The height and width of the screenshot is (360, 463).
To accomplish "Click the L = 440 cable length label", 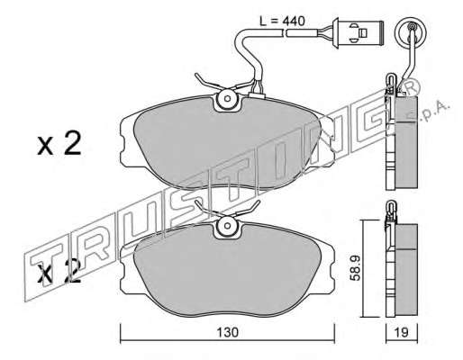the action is pos(282,21).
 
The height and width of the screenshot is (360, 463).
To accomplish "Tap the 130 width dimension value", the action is pos(227,332).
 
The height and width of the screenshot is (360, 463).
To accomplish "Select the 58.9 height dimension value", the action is pos(356,268).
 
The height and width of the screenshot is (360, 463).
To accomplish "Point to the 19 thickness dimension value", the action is pos(402,332).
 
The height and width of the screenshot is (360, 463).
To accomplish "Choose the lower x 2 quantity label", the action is pos(59,272).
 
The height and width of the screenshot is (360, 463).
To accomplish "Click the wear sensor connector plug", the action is pos(358,32).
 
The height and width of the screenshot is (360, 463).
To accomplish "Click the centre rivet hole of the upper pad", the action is pos(227,98).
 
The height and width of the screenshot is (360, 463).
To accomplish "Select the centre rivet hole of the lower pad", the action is pos(227,226).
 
